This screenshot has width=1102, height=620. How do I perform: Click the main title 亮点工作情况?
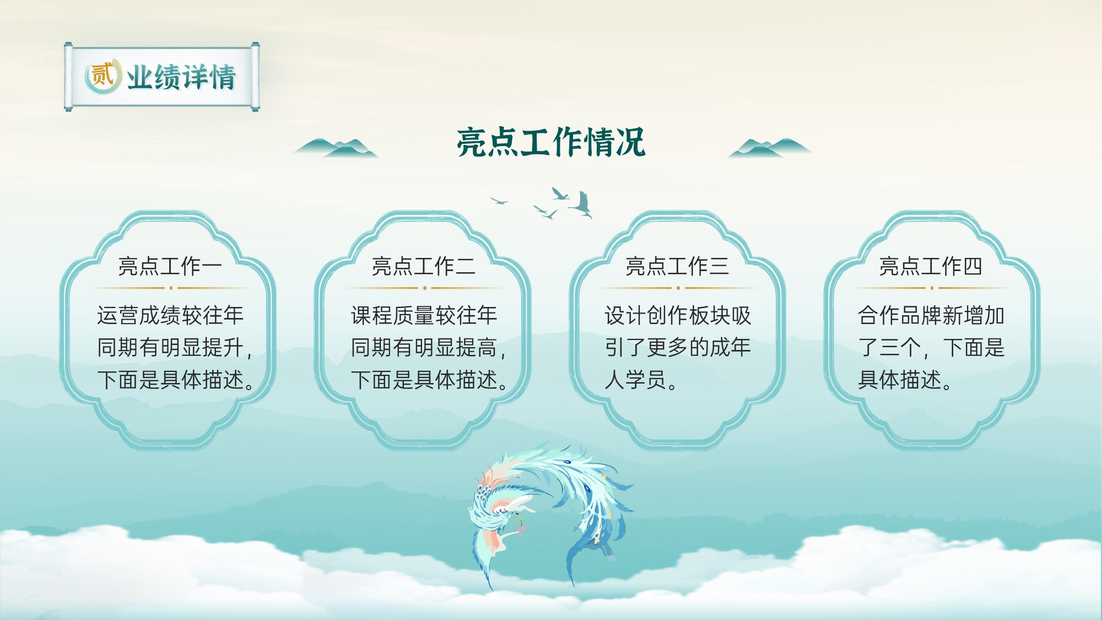pyautogui.click(x=551, y=142)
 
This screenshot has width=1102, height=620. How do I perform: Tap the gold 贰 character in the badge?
pyautogui.click(x=101, y=76)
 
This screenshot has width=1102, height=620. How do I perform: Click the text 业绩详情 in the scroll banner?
pyautogui.click(x=181, y=77)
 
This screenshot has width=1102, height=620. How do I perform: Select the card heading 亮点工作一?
pyautogui.click(x=170, y=266)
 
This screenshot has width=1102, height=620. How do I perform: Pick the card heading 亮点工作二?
pyautogui.click(x=424, y=266)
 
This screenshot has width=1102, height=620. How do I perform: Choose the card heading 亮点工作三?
pyautogui.click(x=677, y=266)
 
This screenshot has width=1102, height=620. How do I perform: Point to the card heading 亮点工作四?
pyautogui.click(x=931, y=266)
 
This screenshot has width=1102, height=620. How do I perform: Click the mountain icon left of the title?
pyautogui.click(x=336, y=148)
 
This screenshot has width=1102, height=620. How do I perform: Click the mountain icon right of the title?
pyautogui.click(x=770, y=148)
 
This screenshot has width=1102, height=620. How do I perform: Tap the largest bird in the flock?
pyautogui.click(x=582, y=204)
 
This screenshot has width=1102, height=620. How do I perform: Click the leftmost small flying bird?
pyautogui.click(x=499, y=201)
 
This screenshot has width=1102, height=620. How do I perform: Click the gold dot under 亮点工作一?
pyautogui.click(x=171, y=288)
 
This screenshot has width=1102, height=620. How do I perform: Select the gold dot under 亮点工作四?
pyautogui.click(x=932, y=288)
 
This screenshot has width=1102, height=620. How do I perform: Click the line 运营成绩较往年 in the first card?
pyautogui.click(x=170, y=315)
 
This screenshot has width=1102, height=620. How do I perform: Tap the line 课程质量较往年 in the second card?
pyautogui.click(x=424, y=315)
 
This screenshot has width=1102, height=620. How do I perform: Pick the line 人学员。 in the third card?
pyautogui.click(x=641, y=380)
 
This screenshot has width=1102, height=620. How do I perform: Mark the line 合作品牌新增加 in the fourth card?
pyautogui.click(x=931, y=315)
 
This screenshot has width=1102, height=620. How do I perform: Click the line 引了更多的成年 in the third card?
pyautogui.click(x=678, y=347)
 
